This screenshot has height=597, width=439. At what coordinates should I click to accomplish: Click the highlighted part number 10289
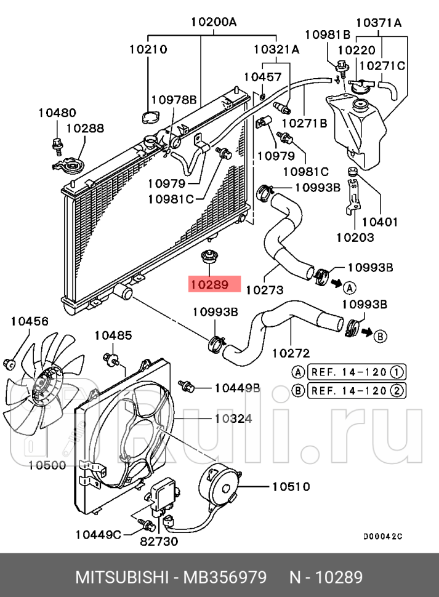pos(209,285)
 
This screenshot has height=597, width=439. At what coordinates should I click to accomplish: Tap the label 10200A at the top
pos(214,23)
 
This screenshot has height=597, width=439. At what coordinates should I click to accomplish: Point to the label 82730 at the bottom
pos(158,542)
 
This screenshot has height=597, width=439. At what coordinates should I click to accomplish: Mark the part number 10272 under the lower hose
pos(291,353)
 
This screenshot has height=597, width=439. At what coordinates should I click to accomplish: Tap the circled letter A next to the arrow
pos(348,287)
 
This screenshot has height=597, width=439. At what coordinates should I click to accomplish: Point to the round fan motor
pos(222,486)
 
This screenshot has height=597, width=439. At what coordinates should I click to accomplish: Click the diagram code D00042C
pos(382,536)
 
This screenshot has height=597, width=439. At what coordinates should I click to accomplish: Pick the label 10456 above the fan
pos(30,321)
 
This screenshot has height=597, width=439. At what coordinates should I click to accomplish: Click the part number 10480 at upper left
pos(57,113)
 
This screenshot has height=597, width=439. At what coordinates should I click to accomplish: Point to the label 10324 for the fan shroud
pos(233,419)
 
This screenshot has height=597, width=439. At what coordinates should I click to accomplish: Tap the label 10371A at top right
pos(379,23)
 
